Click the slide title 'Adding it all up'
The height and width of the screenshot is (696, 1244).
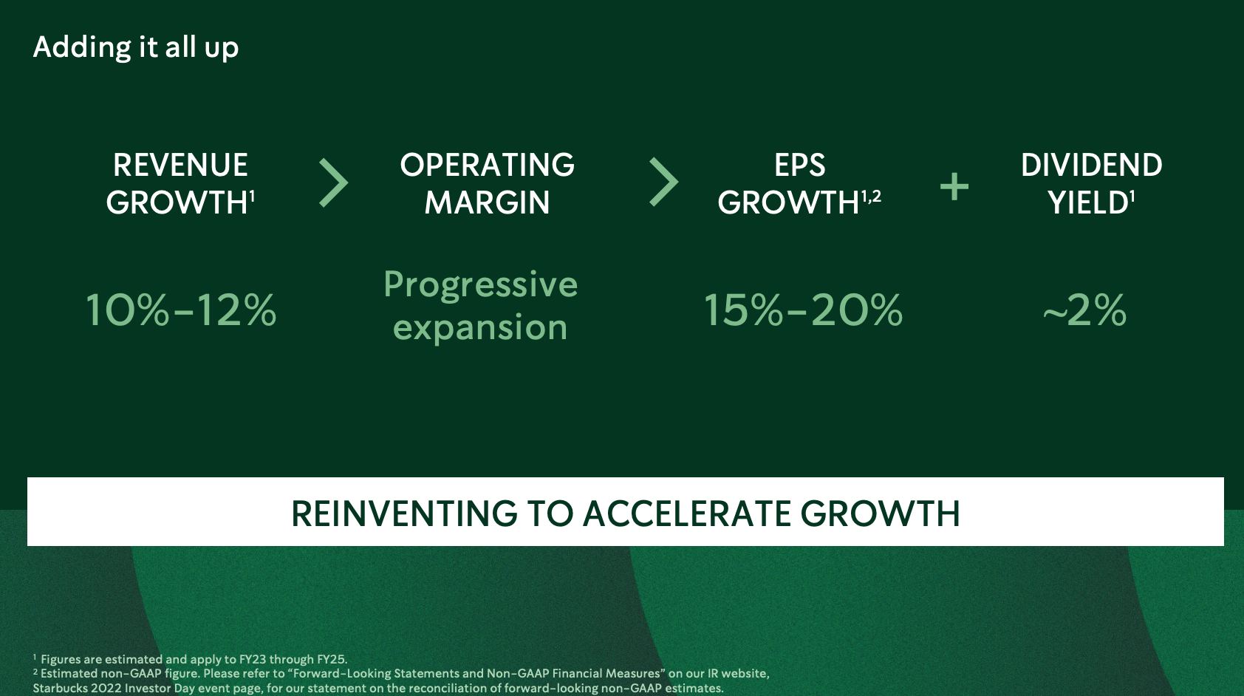[136, 48]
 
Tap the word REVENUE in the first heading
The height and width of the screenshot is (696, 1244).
[180, 165]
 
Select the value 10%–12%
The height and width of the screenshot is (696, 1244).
[181, 310]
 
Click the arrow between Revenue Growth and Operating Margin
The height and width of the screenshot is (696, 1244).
[333, 182]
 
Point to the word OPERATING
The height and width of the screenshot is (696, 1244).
[487, 165]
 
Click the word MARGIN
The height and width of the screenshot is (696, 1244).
[487, 202]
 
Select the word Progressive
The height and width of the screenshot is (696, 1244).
[480, 285]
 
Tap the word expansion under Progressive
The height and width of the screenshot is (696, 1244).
[480, 328]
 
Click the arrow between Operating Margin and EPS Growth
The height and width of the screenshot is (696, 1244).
[663, 182]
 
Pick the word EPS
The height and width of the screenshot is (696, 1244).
[800, 165]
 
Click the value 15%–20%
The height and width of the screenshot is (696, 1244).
[803, 310]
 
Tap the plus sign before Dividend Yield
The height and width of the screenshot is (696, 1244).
[954, 186]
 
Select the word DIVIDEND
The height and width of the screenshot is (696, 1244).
[1091, 165]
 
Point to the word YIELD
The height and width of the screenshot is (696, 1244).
[1088, 202]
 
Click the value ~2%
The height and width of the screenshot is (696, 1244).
[1084, 310]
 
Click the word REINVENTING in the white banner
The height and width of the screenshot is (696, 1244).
[404, 514]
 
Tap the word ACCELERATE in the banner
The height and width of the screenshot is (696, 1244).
[686, 514]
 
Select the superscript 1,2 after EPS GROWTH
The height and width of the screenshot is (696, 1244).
[871, 196]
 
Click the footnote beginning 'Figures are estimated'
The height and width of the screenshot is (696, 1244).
[191, 659]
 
